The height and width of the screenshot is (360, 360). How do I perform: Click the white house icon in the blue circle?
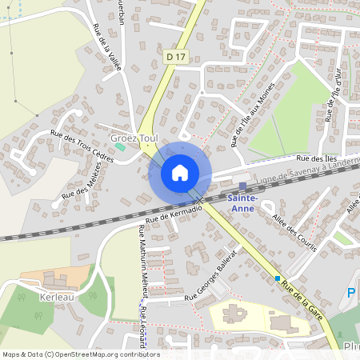coord(179,173)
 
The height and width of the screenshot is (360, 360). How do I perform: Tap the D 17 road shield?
coord(176,57)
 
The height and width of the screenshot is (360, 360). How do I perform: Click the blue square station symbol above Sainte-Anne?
coord(242,186)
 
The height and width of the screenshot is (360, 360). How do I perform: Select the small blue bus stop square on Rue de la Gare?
coord(278,278)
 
